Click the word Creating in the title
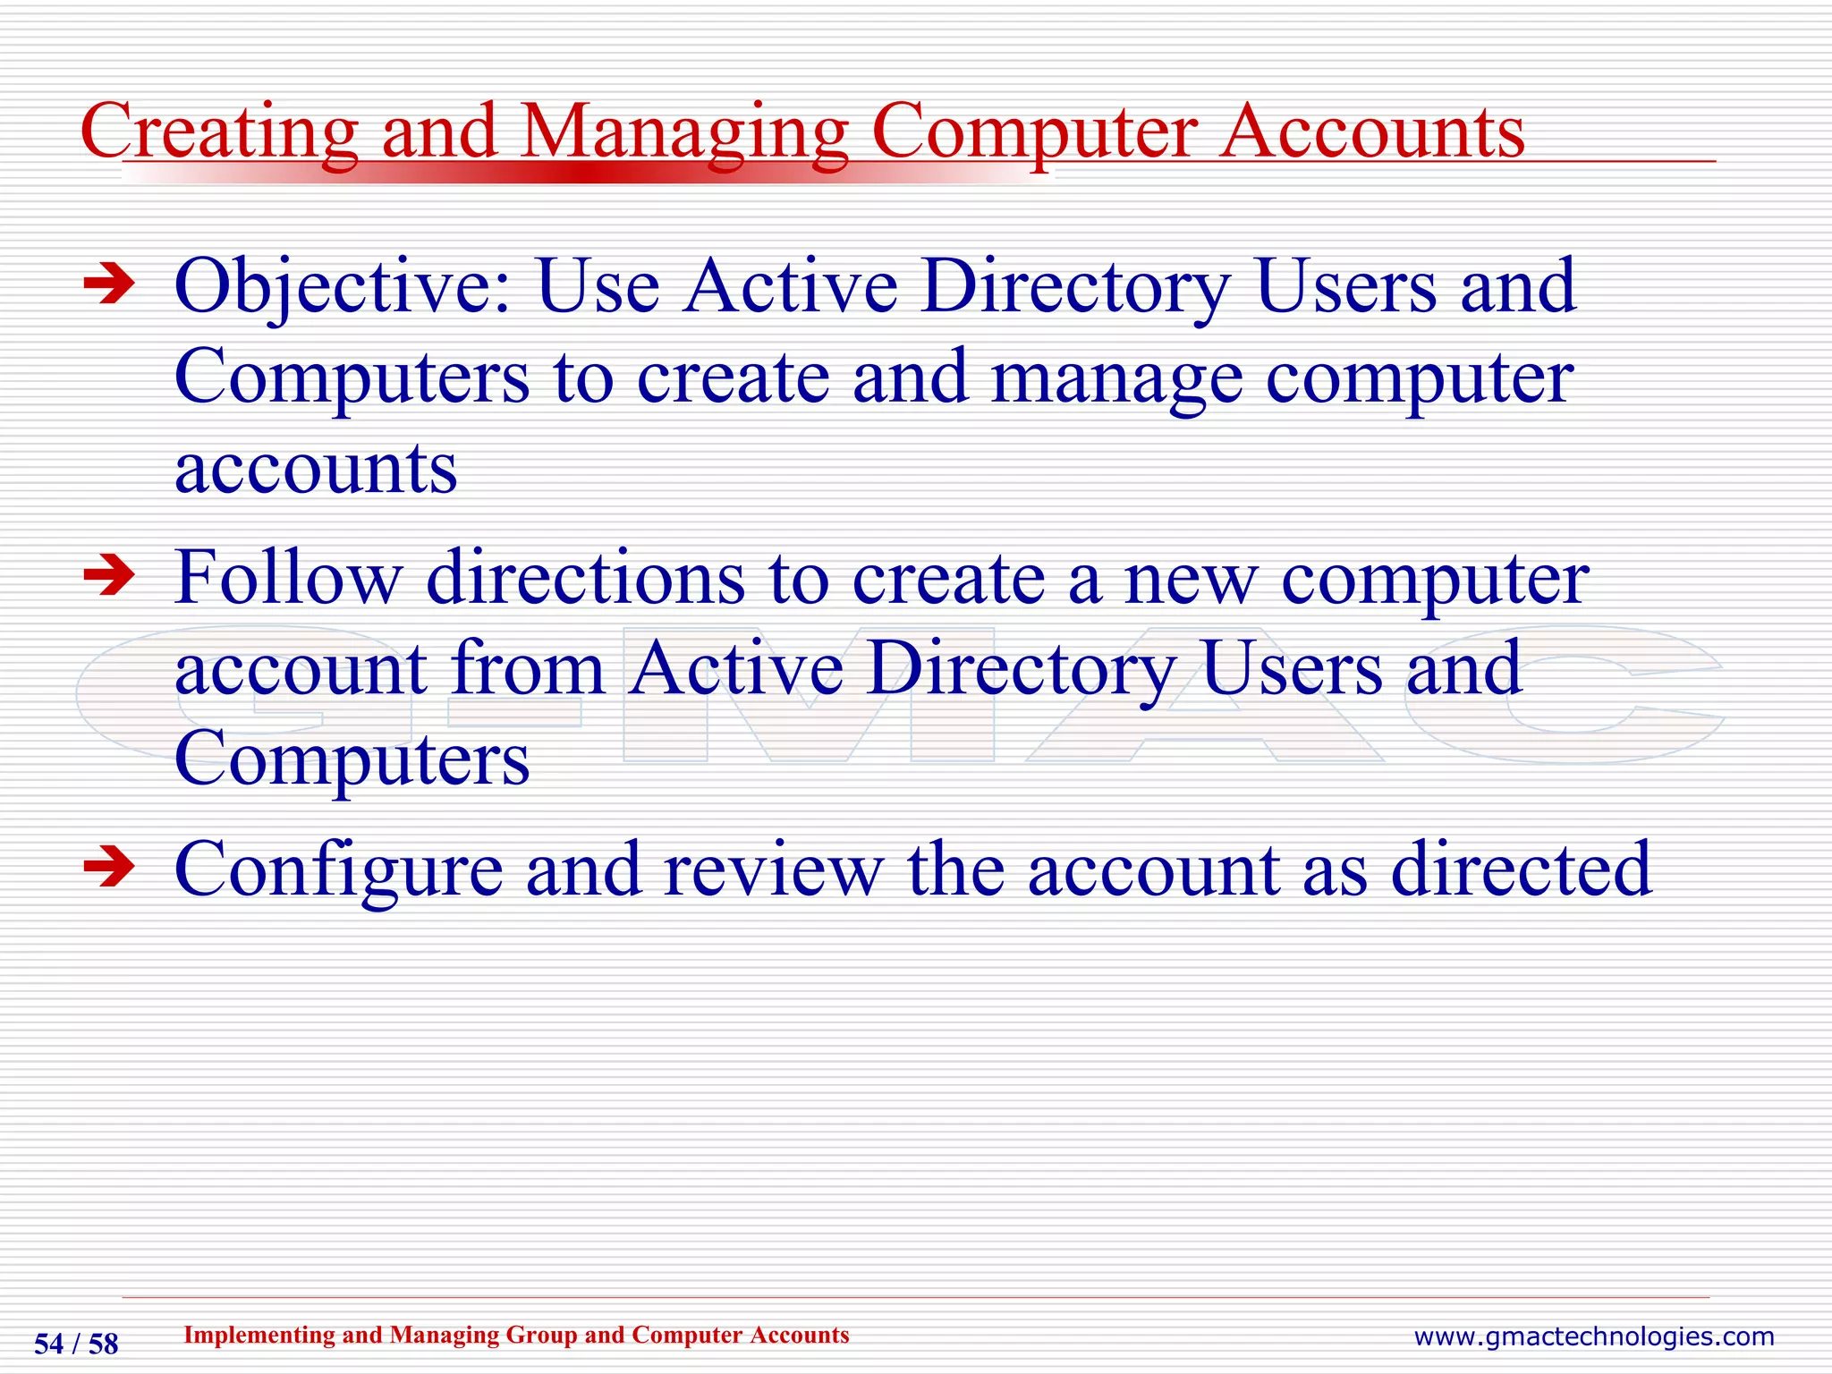click(218, 131)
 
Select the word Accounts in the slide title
click(1373, 131)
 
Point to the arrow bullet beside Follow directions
click(109, 576)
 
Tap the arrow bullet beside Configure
click(109, 867)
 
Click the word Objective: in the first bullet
click(343, 288)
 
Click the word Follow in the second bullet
click(287, 577)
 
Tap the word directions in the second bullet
click(585, 577)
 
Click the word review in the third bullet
click(773, 869)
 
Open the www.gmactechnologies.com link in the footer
click(1593, 1336)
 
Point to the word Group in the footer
click(541, 1335)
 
